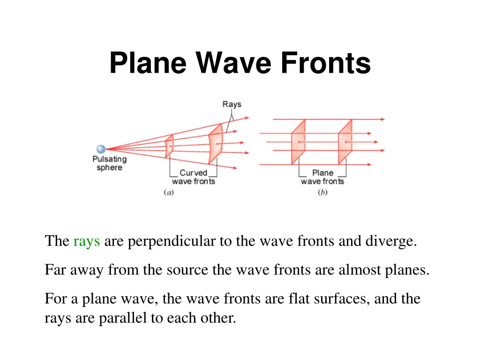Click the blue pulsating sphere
click(101, 150)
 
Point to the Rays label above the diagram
click(232, 104)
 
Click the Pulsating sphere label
click(109, 164)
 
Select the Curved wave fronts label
click(194, 177)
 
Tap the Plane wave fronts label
click(322, 177)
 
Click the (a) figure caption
click(169, 192)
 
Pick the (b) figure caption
click(322, 192)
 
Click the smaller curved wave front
click(169, 146)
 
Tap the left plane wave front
click(298, 142)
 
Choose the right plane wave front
click(345, 142)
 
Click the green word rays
click(87, 241)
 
